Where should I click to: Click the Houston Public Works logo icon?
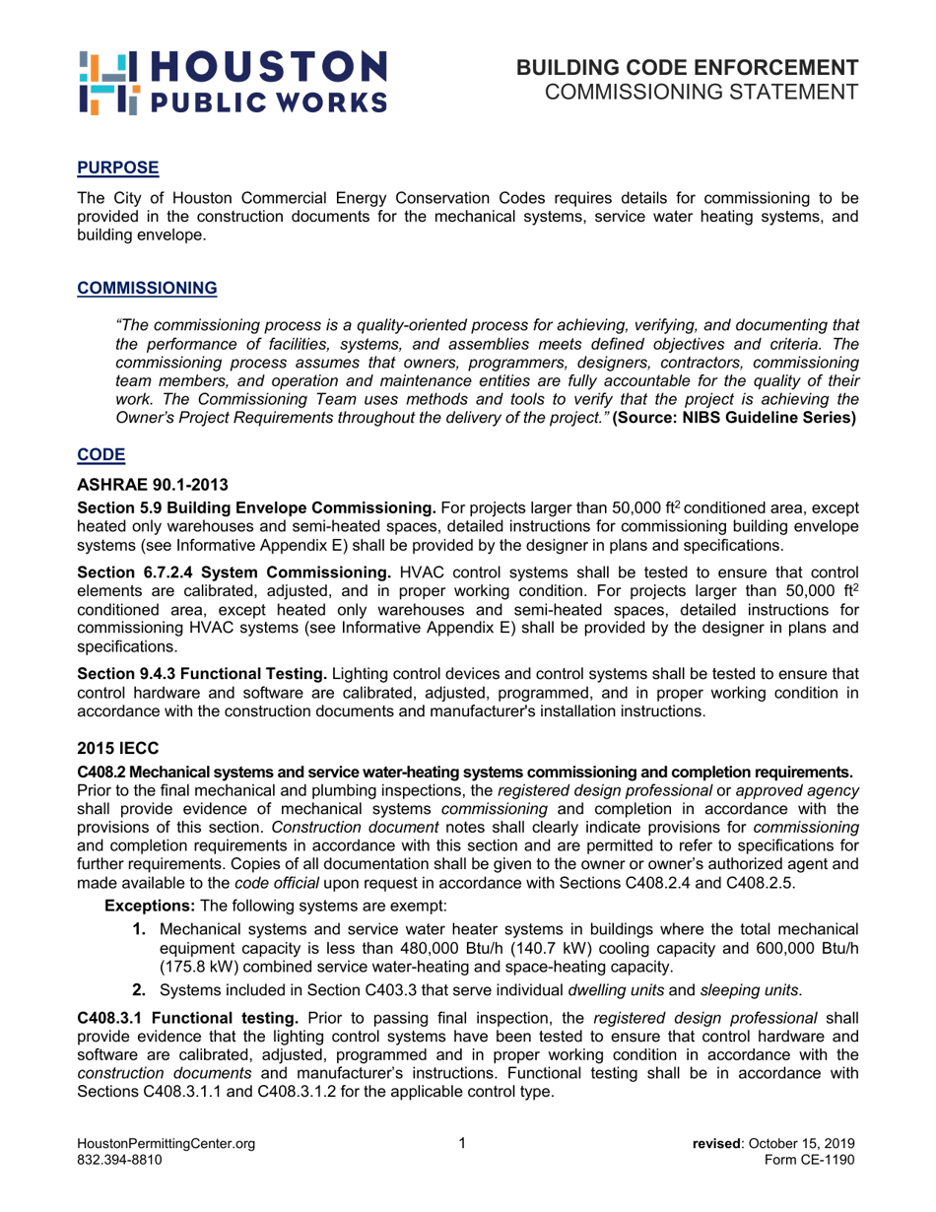pyautogui.click(x=102, y=81)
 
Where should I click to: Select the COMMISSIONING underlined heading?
pyautogui.click(x=147, y=289)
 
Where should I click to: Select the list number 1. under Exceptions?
pyautogui.click(x=140, y=929)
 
